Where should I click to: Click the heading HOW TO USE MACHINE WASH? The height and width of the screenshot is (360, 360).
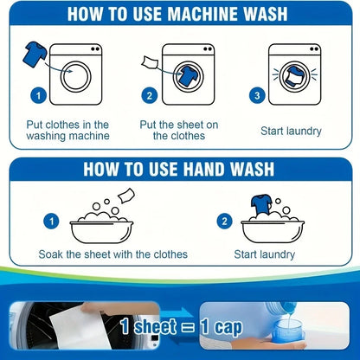pyautogui.click(x=179, y=15)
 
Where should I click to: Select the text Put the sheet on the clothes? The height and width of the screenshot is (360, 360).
pyautogui.click(x=179, y=130)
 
